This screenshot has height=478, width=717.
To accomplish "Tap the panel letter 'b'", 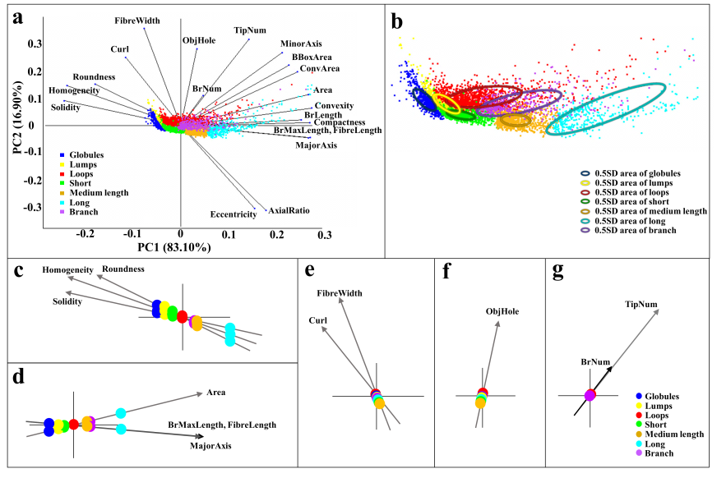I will click(x=398, y=21).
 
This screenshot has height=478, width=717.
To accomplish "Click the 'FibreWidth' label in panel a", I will click(x=136, y=20).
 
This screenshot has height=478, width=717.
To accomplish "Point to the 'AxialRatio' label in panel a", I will click(x=289, y=212).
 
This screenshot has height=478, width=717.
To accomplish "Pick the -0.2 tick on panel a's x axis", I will click(x=86, y=234).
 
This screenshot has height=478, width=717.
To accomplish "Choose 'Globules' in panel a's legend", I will click(x=91, y=154).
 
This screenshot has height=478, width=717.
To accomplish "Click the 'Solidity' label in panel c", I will click(x=67, y=302).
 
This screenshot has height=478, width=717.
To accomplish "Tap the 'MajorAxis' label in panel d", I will click(x=211, y=447).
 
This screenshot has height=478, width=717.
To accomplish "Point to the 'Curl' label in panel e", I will click(x=318, y=320).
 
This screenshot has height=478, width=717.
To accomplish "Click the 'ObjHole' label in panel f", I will click(x=502, y=311).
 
